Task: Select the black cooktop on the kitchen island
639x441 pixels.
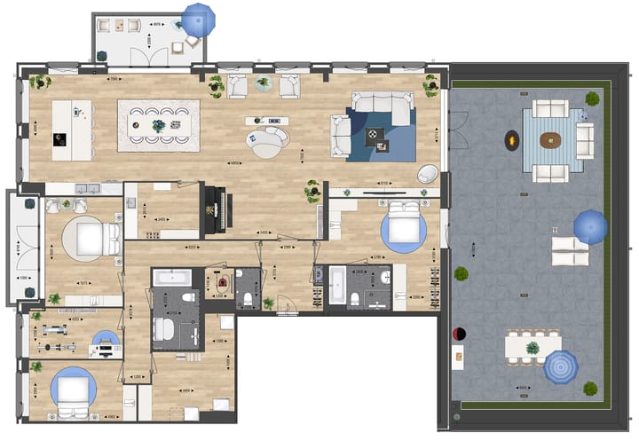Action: pyautogui.click(x=60, y=138)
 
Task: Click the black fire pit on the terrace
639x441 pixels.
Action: pyautogui.click(x=512, y=139)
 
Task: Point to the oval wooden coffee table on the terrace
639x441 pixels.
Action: pyautogui.click(x=551, y=139)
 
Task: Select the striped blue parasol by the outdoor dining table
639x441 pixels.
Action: pyautogui.click(x=560, y=366)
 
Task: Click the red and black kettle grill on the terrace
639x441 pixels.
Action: pyautogui.click(x=459, y=334)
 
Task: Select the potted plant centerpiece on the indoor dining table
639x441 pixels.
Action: pyautogui.click(x=159, y=125)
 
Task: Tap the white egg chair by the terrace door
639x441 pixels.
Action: pyautogui.click(x=427, y=174)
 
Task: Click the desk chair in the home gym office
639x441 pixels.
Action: pyautogui.click(x=106, y=339)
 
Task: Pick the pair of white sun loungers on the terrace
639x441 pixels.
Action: pyautogui.click(x=569, y=251)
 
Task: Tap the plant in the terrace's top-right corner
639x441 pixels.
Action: pyautogui.click(x=592, y=98)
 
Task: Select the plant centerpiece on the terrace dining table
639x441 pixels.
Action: pyautogui.click(x=532, y=347)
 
